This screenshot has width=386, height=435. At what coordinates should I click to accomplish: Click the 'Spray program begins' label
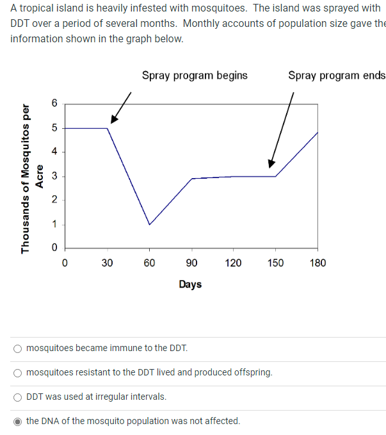195,75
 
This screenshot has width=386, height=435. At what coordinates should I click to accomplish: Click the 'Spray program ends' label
337,75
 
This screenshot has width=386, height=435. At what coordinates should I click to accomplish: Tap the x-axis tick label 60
149,263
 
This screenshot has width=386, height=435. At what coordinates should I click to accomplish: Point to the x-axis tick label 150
275,263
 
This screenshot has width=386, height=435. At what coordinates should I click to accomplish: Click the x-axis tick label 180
318,263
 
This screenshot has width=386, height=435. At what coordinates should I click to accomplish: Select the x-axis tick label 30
107,263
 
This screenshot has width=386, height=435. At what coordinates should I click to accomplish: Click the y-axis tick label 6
54,103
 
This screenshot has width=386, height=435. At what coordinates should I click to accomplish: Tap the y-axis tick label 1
54,224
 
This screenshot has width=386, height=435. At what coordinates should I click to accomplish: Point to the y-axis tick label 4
54,151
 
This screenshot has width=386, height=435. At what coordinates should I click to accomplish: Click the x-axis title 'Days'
190,284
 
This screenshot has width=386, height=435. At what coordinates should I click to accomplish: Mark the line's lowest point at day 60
149,224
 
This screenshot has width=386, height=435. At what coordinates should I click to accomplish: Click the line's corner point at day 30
107,128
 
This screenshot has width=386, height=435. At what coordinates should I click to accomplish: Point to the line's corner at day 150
275,176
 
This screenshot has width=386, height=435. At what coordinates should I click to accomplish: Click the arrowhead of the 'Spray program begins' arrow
113,120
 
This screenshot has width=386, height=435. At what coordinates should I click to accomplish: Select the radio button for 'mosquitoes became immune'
18,349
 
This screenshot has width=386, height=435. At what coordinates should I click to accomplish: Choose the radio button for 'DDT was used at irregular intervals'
18,397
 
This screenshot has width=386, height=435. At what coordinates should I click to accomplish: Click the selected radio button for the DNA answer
18,421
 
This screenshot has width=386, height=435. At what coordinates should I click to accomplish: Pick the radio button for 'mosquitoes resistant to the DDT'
18,372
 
